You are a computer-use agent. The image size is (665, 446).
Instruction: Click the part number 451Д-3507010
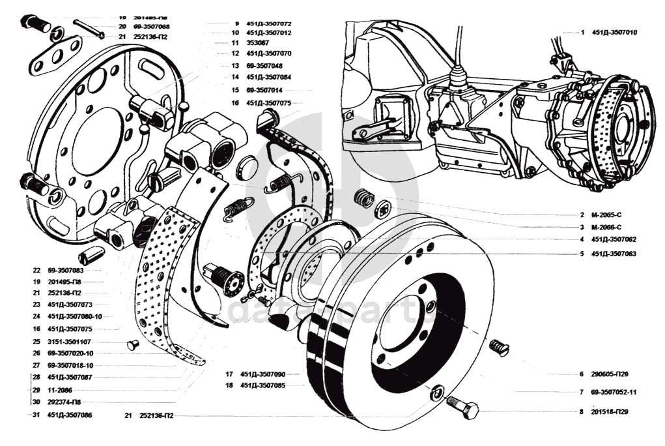click(614, 32)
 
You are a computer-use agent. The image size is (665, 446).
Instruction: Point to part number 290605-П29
click(611, 374)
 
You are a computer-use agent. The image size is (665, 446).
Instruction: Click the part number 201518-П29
click(611, 412)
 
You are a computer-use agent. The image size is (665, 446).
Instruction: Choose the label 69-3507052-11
click(614, 393)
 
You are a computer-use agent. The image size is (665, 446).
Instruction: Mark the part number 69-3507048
click(264, 66)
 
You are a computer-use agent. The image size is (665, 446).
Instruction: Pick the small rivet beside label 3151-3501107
click(133, 345)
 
